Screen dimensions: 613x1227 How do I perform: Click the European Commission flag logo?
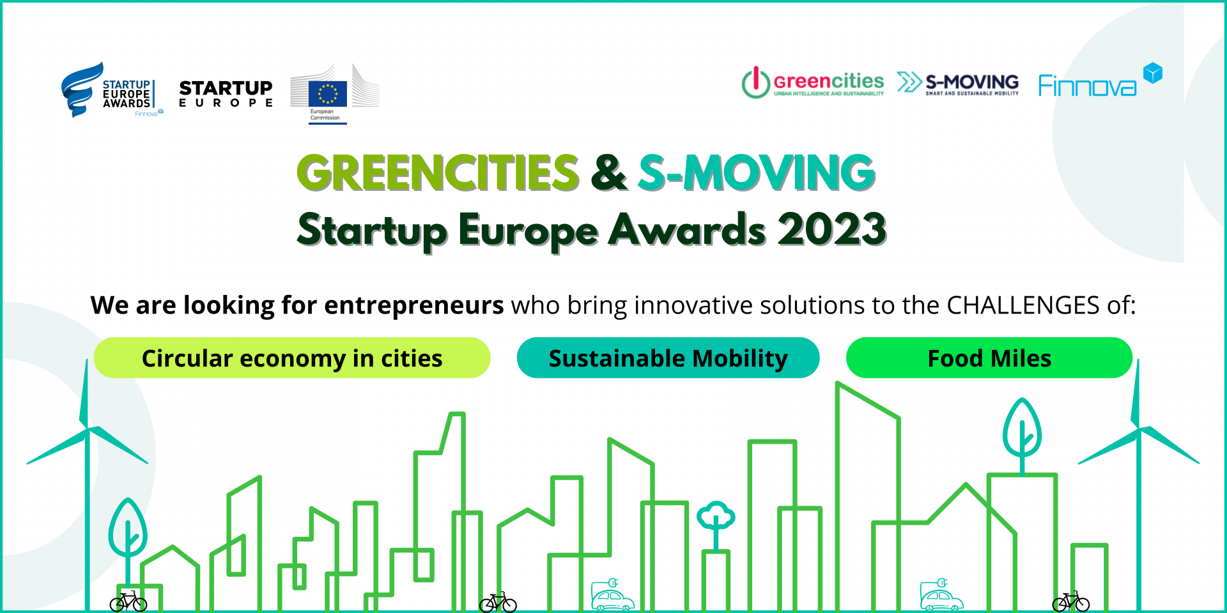point(328,93)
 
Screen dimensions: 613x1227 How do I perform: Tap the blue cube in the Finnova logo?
point(1152,73)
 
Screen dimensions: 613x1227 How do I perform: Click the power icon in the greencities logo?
point(755,82)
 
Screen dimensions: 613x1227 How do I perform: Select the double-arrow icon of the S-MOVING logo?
point(909,82)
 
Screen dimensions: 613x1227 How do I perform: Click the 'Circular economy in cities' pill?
point(292,358)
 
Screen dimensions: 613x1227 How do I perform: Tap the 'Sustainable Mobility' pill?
point(668,358)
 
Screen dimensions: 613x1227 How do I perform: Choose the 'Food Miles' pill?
point(989,358)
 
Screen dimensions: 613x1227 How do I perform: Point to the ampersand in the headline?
point(608,172)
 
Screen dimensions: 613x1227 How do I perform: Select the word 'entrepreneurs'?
point(414,306)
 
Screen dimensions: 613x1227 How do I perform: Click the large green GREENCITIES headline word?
point(438,172)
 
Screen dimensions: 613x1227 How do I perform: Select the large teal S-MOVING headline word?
point(757,172)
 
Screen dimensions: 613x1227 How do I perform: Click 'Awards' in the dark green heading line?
point(687,230)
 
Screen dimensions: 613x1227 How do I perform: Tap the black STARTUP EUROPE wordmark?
point(226,93)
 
